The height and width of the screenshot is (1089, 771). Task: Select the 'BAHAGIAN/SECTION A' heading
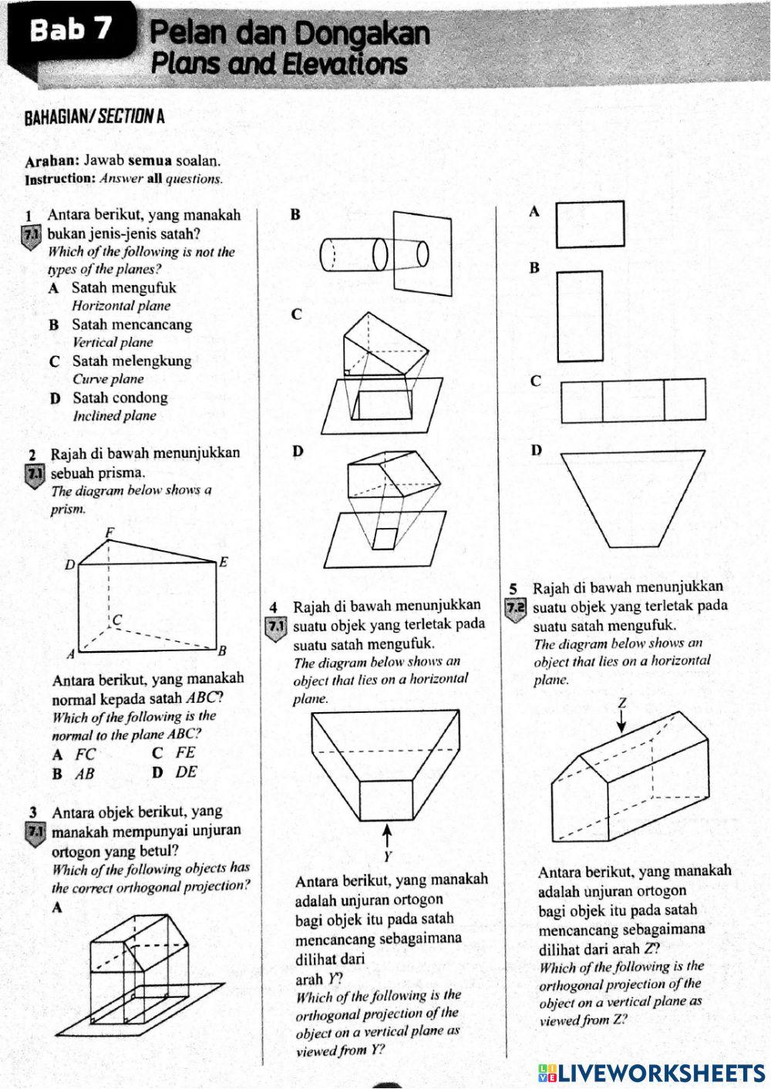pos(94,118)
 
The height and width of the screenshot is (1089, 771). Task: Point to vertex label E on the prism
pos(223,562)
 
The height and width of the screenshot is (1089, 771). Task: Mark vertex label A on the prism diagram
pos(70,654)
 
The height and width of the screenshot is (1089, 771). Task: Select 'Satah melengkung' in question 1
pos(132,361)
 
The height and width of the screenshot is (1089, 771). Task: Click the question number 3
pos(33,812)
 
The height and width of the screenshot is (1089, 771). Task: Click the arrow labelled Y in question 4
pos(388,835)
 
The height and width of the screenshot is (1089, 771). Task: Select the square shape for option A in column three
pos(590,224)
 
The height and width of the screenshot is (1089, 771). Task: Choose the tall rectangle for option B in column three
pos(580,316)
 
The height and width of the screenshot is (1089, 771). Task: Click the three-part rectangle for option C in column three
pos(633,400)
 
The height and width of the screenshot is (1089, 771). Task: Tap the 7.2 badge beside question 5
pos(514,607)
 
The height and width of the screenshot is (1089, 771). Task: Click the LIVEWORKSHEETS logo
pos(651,1072)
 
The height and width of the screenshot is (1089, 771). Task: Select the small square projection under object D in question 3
pos(385,539)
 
